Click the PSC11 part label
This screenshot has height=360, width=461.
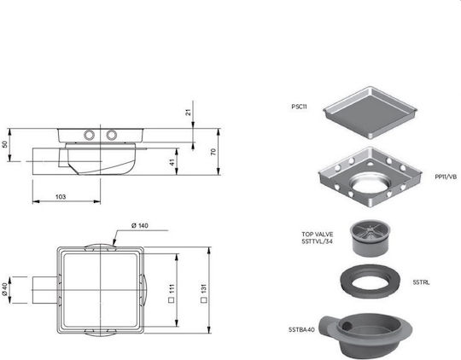[x=299, y=107]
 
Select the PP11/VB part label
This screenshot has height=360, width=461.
[x=446, y=177]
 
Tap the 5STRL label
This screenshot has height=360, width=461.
[x=421, y=282]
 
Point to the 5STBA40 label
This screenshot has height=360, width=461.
[x=301, y=330]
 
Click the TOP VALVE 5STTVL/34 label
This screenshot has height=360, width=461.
[x=318, y=238]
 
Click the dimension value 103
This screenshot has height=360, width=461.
[x=61, y=196]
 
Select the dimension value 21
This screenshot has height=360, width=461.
[x=189, y=112]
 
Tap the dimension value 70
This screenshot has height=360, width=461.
[x=213, y=152]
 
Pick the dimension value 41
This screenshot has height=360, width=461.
[x=172, y=162]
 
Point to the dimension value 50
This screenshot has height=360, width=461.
[x=4, y=144]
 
